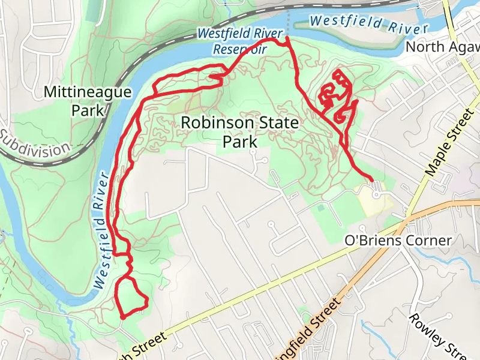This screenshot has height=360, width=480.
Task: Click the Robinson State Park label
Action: click(x=239, y=133)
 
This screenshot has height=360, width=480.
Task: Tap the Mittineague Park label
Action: click(x=87, y=101)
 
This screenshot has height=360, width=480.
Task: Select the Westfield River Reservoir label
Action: click(x=232, y=41)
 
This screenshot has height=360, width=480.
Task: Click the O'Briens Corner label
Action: click(x=398, y=241)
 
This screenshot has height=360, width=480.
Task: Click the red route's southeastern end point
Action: click(x=372, y=179)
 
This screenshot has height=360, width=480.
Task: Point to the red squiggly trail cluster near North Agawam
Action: click(x=336, y=97)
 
